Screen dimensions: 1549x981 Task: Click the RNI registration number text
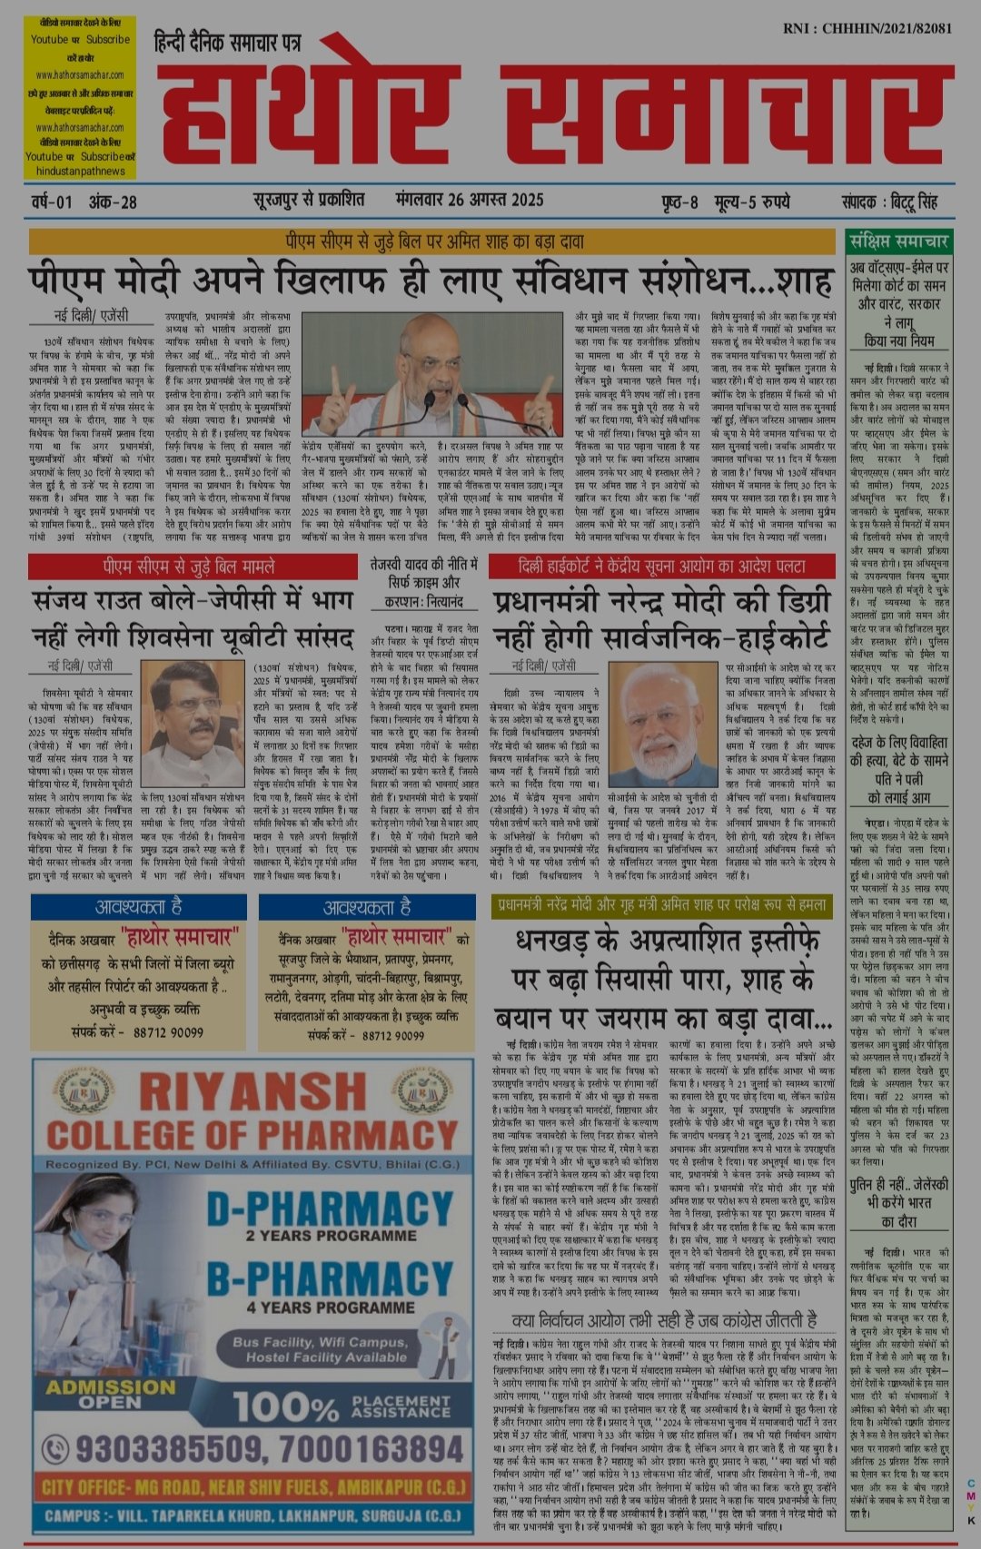click(x=867, y=28)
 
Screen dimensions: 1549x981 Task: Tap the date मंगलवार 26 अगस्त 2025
click(x=470, y=201)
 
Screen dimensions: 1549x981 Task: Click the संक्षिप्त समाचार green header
click(x=898, y=242)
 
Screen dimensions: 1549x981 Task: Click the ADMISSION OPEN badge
click(x=110, y=1394)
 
